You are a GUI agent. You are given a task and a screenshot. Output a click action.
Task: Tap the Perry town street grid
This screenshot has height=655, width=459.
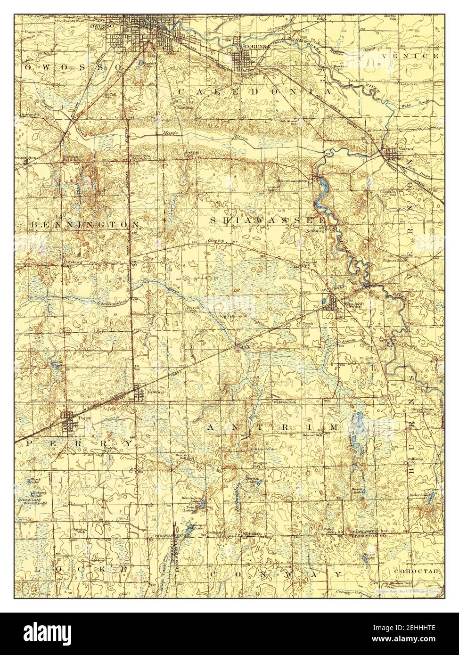point(70,423)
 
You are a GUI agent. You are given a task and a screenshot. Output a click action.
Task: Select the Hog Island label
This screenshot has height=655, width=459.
point(229,316)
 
